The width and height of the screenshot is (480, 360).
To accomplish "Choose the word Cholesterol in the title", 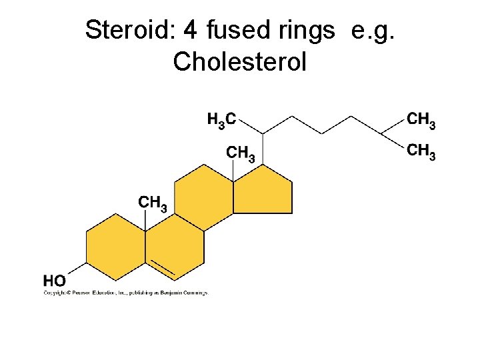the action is pyautogui.click(x=239, y=61).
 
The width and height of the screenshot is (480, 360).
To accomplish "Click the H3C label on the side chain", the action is pyautogui.click(x=221, y=120).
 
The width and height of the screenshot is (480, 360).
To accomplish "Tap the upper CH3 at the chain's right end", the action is pyautogui.click(x=421, y=120).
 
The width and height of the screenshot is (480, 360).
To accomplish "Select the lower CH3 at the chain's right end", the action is pyautogui.click(x=421, y=151).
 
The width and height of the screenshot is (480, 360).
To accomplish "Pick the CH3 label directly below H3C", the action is pyautogui.click(x=241, y=154).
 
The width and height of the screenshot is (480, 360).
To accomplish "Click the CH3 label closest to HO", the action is pyautogui.click(x=152, y=202).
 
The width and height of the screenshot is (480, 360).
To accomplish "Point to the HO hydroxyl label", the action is pyautogui.click(x=55, y=281).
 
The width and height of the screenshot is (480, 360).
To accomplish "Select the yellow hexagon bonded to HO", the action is pyautogui.click(x=116, y=247).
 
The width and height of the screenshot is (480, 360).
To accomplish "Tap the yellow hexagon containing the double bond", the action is pyautogui.click(x=175, y=247).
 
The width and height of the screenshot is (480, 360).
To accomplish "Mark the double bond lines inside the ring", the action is pyautogui.click(x=162, y=267).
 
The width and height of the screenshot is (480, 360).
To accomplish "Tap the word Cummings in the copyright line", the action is pyautogui.click(x=193, y=292).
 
